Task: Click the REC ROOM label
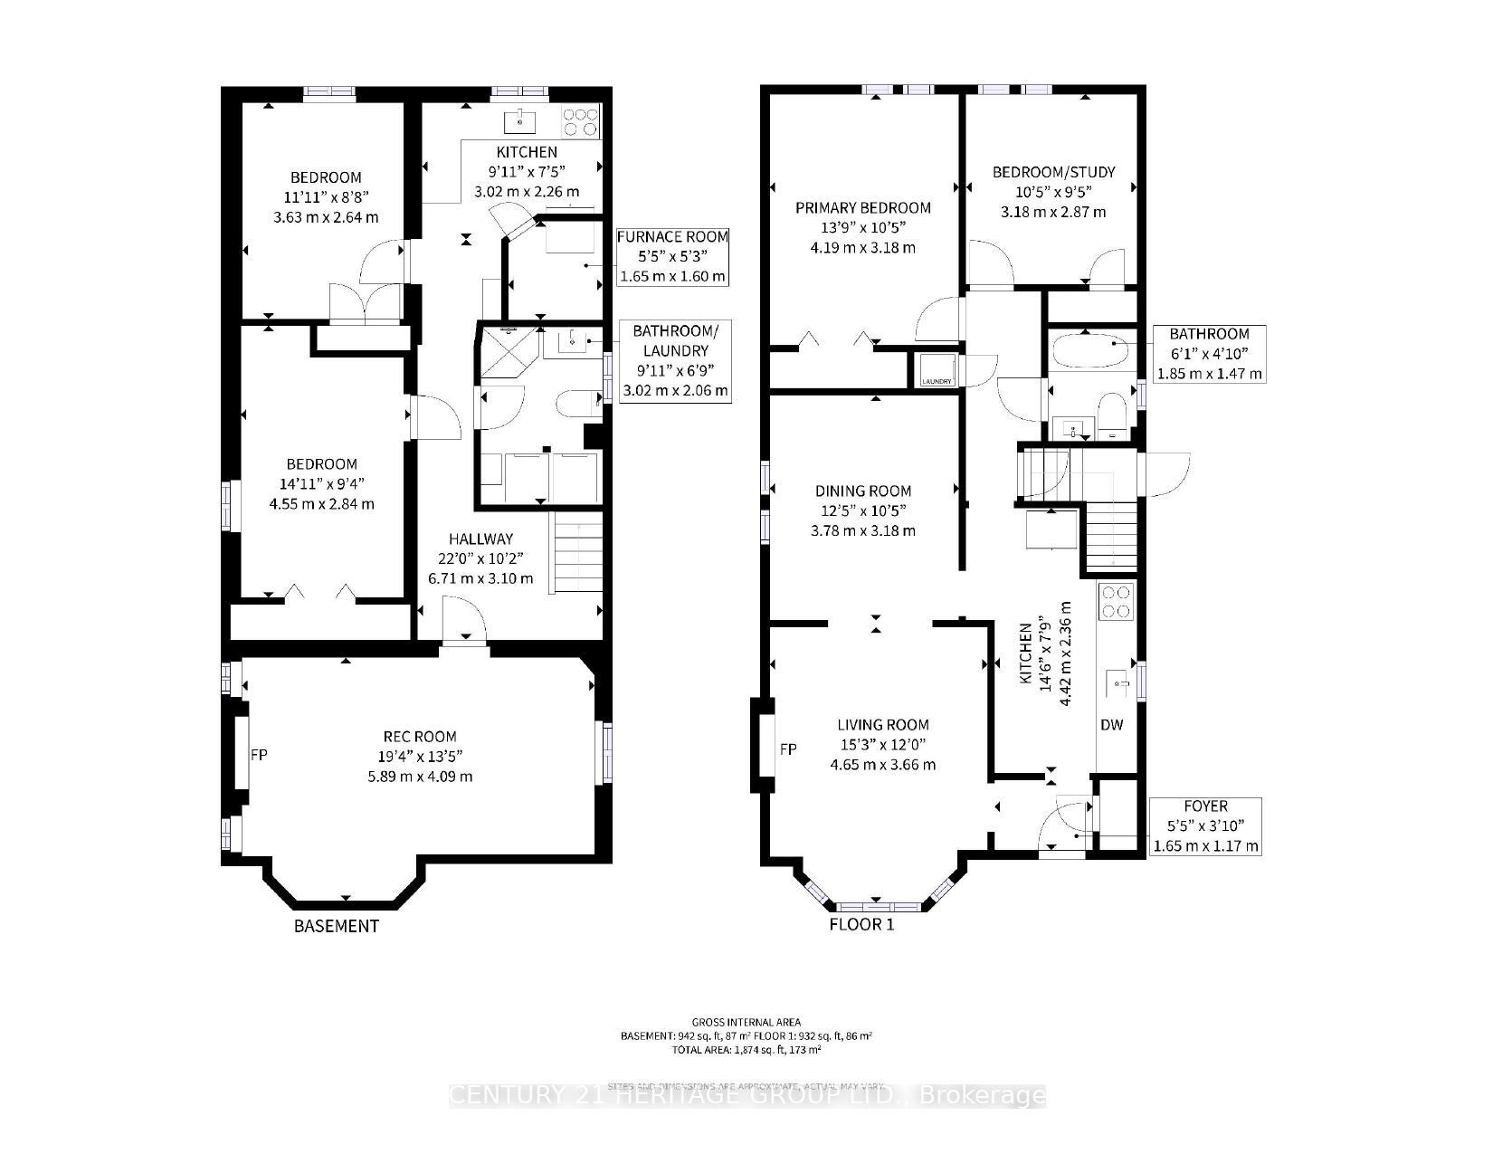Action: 419,737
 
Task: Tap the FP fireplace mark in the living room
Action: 788,749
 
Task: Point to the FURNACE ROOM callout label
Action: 672,237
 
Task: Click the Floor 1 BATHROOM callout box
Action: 1209,353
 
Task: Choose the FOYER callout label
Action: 1205,806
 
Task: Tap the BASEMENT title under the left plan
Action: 336,926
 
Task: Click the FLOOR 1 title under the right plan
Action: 861,925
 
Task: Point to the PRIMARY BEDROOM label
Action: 863,208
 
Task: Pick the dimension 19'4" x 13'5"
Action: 419,757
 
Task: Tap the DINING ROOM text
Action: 863,491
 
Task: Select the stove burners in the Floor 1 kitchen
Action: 1116,602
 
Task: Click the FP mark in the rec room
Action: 258,754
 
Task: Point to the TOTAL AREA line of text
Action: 746,1050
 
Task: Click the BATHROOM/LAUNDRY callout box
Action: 675,360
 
